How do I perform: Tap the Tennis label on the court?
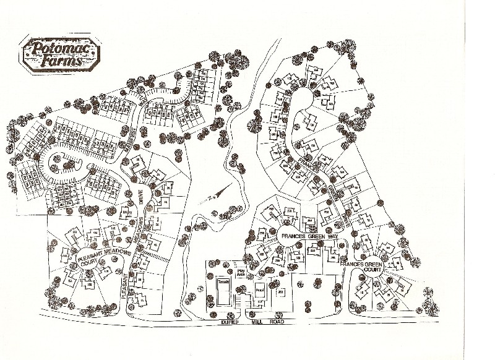tap(223, 282)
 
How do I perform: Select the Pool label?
tap(259, 289)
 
